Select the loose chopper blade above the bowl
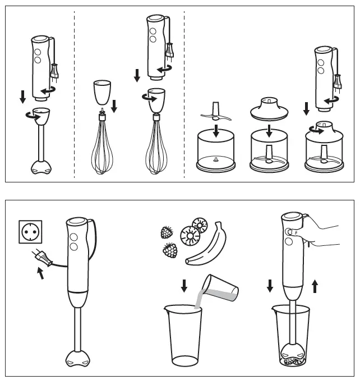click(x=215, y=113)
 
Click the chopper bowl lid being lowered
click(x=269, y=109)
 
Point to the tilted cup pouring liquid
click(x=222, y=288)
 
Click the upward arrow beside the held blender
click(x=315, y=286)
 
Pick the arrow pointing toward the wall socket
click(x=40, y=274)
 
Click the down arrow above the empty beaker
click(x=184, y=286)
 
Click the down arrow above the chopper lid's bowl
click(x=269, y=131)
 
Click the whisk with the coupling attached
click(x=155, y=149)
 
